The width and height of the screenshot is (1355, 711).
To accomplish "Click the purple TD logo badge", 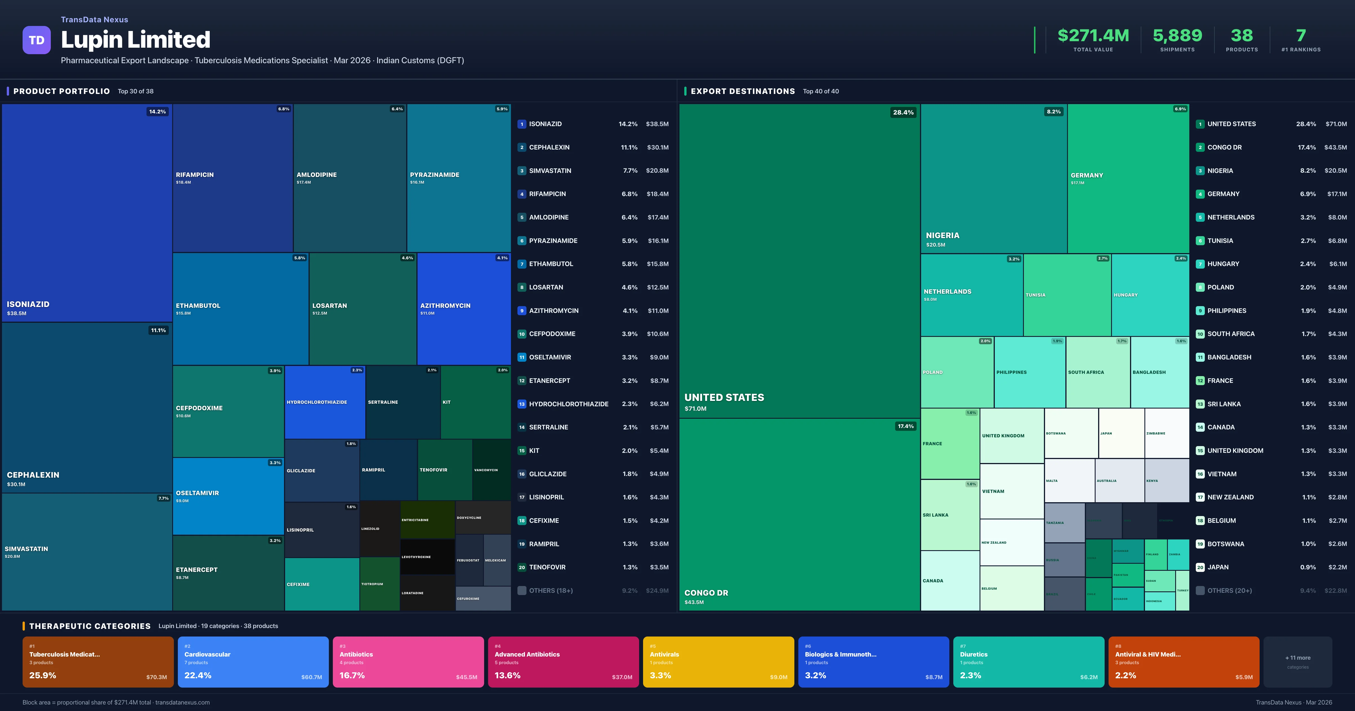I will click(36, 40).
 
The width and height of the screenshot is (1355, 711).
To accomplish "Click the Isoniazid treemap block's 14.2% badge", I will click(157, 111).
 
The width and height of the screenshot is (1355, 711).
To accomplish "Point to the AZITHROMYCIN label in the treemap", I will click(445, 306).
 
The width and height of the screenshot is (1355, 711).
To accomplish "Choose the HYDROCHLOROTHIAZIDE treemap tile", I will click(325, 402).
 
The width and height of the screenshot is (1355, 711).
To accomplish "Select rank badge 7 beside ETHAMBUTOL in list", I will click(521, 264).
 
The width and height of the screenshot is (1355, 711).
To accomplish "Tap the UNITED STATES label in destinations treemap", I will click(724, 398).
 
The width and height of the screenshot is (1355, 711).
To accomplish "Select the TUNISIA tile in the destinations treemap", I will click(1067, 295).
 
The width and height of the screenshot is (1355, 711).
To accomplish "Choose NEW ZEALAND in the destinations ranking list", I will click(1230, 497).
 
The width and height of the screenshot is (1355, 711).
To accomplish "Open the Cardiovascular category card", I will click(253, 662).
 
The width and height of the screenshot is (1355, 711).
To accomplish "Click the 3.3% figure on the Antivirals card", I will click(660, 675).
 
